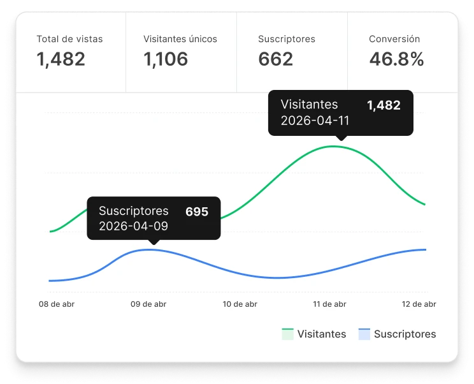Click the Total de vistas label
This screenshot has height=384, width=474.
69,39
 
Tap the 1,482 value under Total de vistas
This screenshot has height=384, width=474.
61,59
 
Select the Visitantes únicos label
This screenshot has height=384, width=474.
180,39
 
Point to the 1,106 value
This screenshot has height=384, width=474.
166,59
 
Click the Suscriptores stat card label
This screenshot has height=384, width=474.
287,39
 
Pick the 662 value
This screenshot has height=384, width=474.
276,59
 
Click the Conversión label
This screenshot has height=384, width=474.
394,39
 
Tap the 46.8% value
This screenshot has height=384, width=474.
396,59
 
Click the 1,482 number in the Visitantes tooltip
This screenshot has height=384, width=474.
384,105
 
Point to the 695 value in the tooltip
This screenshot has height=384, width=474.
197,211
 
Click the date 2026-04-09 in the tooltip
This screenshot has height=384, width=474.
134,226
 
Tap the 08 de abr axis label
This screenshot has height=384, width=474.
57,304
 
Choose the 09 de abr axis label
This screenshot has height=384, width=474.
148,304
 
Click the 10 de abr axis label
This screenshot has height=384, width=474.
240,304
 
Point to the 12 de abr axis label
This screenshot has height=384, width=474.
419,304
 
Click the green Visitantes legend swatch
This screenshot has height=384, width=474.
287,334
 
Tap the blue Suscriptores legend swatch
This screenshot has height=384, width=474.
364,334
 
